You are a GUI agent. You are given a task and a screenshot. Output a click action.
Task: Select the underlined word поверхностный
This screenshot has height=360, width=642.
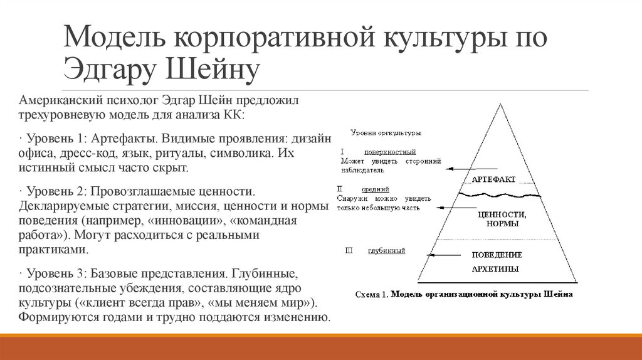click(389, 152)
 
